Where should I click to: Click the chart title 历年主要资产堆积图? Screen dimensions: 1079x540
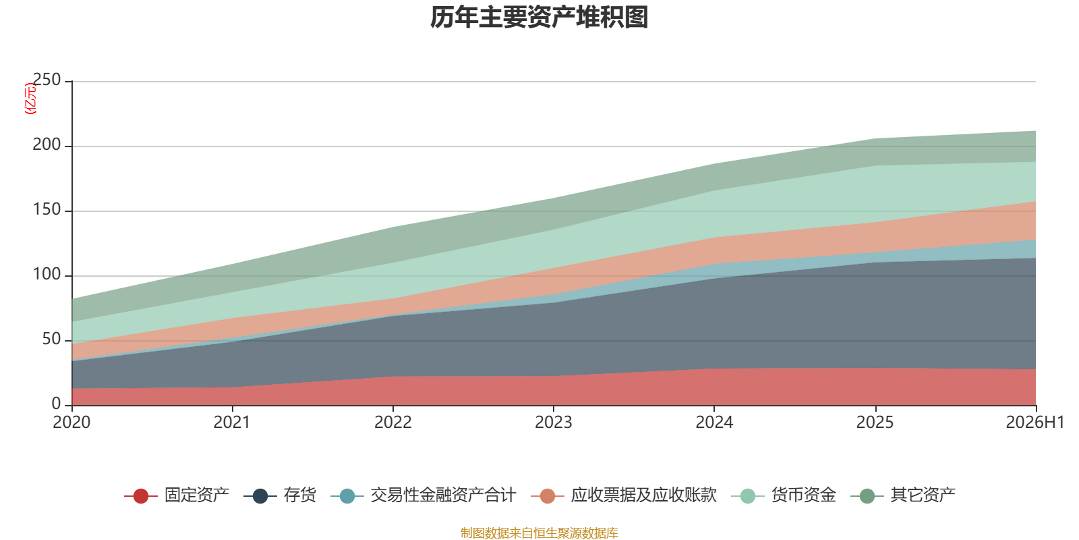[539, 18]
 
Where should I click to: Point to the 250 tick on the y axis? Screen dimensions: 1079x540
[47, 80]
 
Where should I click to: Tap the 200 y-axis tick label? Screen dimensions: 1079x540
[47, 144]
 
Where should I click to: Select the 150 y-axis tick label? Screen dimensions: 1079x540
[47, 210]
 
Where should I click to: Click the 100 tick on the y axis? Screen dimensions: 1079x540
[47, 275]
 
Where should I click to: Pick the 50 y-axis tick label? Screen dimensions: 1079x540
[51, 340]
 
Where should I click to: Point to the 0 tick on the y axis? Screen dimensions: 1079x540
[57, 404]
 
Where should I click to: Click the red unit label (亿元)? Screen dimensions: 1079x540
[30, 99]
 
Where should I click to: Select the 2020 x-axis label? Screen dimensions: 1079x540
[71, 423]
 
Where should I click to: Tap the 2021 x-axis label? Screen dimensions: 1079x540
[232, 423]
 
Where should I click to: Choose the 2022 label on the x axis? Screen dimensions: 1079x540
[393, 423]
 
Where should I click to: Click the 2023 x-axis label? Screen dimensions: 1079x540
[554, 423]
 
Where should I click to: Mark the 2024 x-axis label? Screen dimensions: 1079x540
[714, 423]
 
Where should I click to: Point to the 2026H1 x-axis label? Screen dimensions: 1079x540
[1035, 423]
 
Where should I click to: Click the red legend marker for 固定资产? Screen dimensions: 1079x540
[141, 495]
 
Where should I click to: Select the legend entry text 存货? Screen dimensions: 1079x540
[299, 495]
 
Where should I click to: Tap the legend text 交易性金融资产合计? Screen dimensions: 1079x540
[443, 495]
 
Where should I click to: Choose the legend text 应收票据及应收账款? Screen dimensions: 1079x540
[643, 495]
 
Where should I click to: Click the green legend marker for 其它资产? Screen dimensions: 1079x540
[867, 495]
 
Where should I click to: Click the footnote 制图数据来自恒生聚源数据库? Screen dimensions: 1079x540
[539, 533]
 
